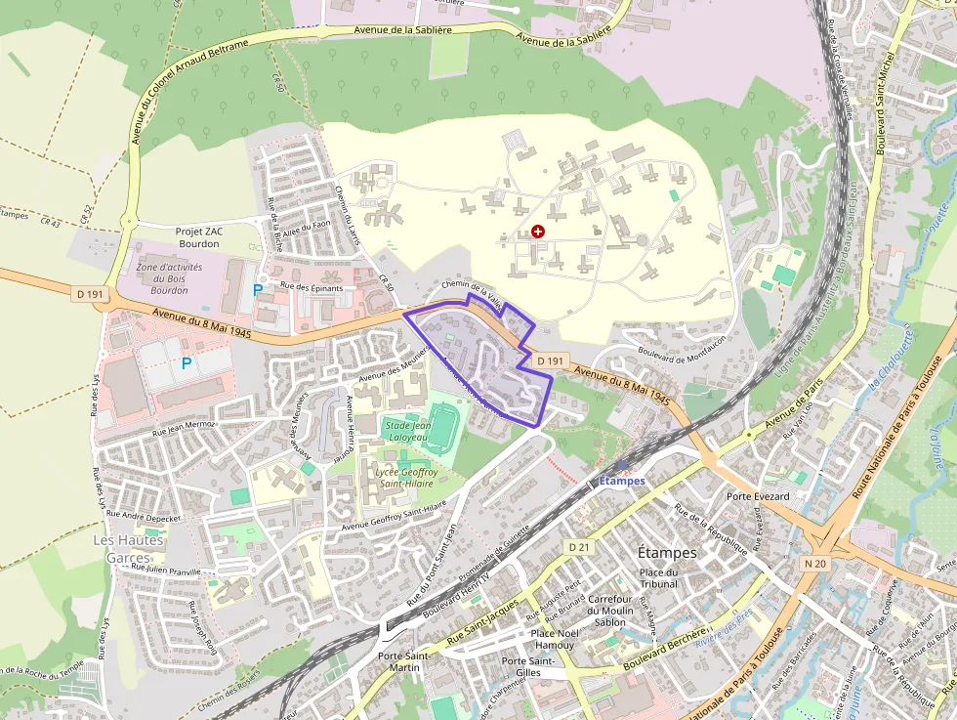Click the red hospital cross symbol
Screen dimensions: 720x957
pos(537,232)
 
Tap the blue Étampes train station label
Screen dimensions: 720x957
pos(622,480)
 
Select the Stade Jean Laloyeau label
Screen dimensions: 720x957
pos(407,432)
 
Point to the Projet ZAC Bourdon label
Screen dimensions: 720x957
pos(199,237)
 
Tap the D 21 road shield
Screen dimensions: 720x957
pos(579,546)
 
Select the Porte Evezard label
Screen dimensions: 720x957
pos(758,496)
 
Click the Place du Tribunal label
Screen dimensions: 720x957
pos(658,577)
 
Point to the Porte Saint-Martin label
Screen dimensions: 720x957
pos(403,662)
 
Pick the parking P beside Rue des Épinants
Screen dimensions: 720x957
pos(258,289)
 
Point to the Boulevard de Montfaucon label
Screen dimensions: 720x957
pos(682,346)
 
